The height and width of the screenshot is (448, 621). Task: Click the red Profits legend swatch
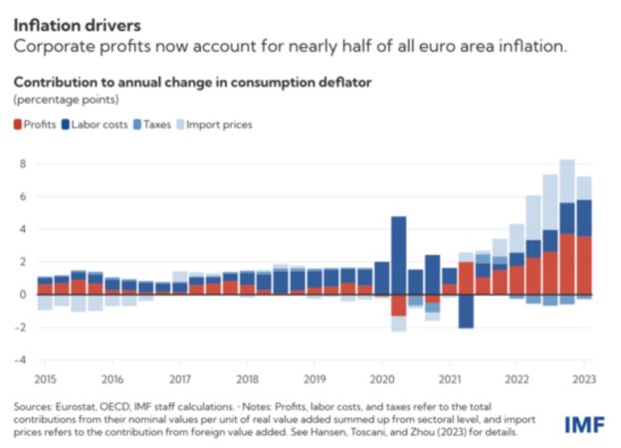pos(18,124)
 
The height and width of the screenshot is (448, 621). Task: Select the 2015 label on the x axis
pos(45,378)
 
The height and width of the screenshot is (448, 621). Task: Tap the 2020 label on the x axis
pos(383,378)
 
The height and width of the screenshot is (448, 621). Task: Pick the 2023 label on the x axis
pos(585,378)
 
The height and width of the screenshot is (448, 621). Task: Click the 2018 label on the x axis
pos(248,378)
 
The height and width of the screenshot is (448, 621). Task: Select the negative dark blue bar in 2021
pos(466,311)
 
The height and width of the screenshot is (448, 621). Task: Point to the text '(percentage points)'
pos(65,101)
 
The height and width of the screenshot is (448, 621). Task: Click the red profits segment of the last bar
pos(585,265)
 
